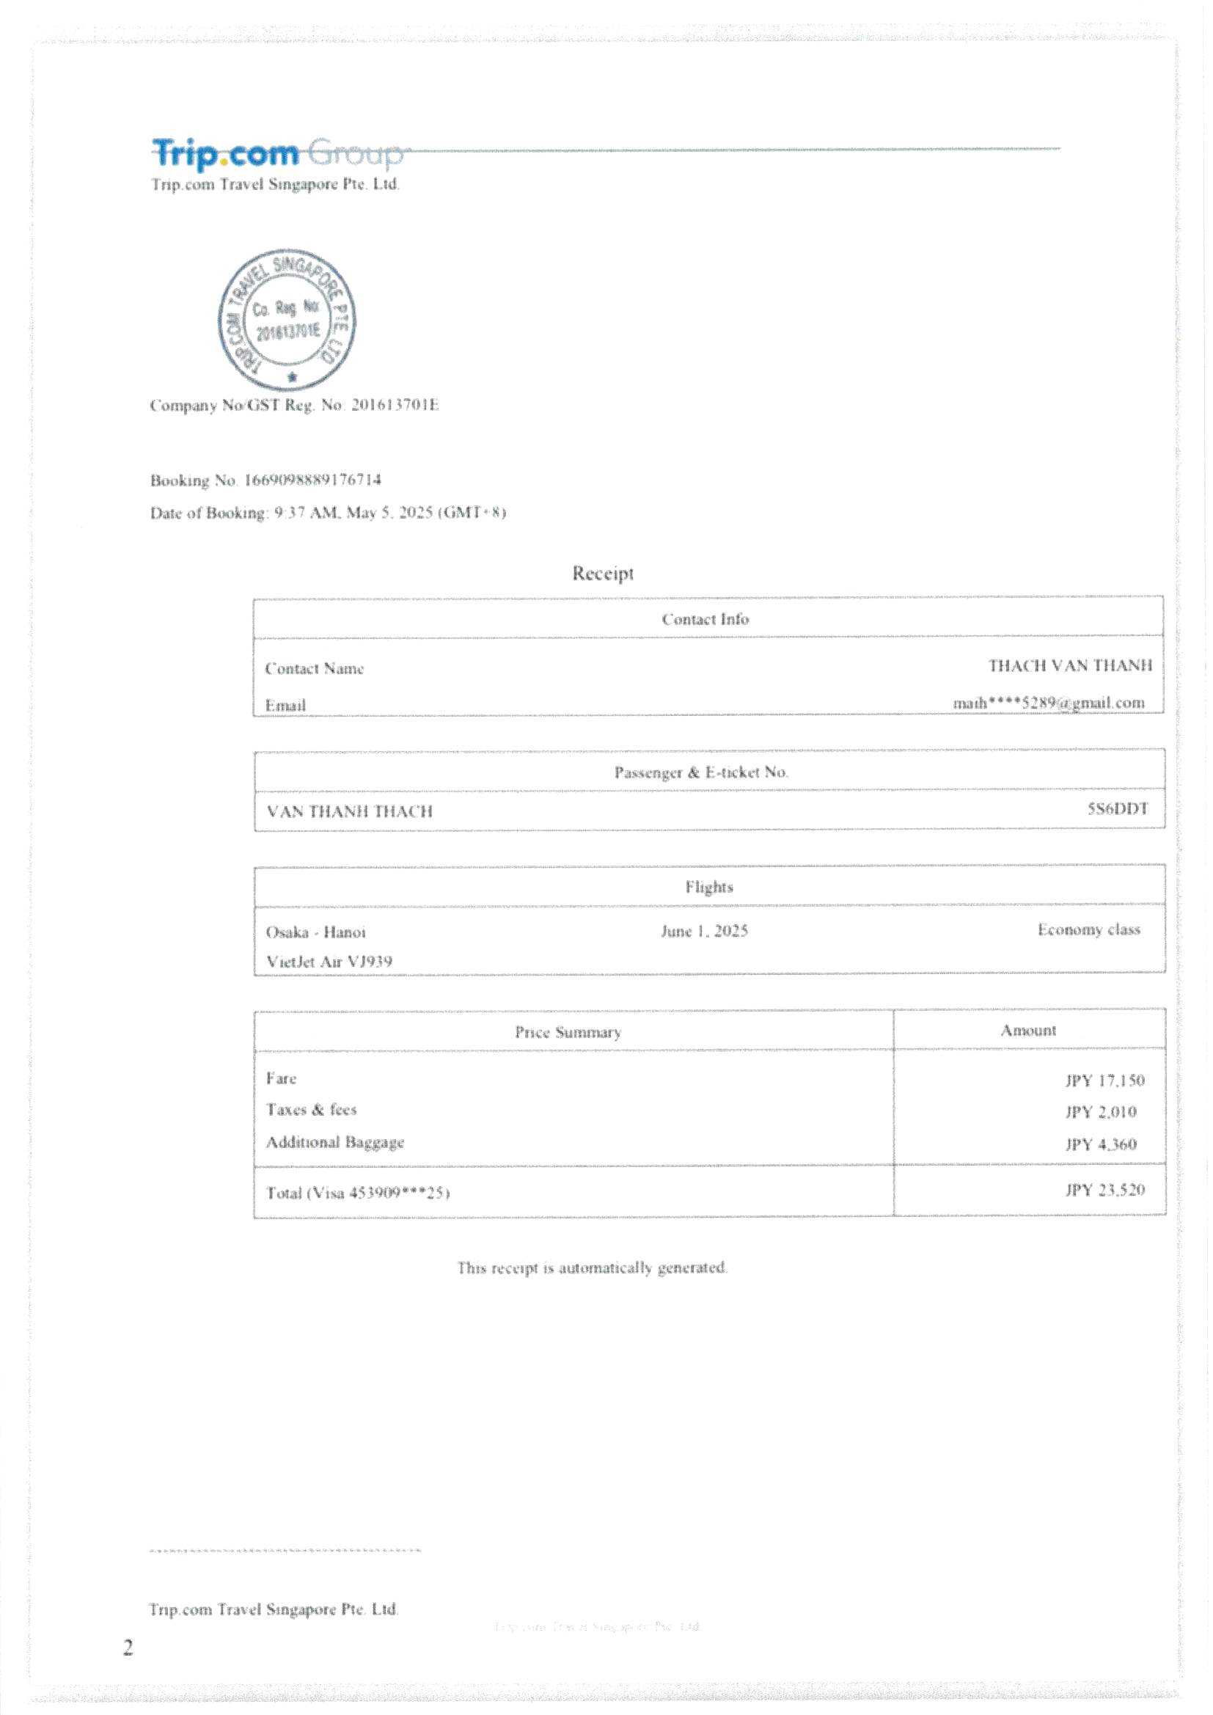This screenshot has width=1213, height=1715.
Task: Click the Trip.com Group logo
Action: pos(276,153)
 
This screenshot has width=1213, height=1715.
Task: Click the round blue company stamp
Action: pos(287,320)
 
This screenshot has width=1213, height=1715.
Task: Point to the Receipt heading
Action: pos(603,573)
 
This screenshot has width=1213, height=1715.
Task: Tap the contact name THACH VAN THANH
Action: pos(1069,665)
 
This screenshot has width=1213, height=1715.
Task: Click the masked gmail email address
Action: pos(1048,703)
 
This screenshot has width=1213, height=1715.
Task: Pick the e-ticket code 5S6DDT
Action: pos(1118,808)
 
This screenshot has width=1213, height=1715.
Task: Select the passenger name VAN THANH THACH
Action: pos(350,811)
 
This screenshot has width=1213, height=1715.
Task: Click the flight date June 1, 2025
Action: pos(704,931)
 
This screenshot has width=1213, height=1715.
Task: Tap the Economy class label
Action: pos(1088,930)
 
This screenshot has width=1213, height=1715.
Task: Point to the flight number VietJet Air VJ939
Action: pos(329,962)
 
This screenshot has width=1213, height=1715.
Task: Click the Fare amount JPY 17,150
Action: pos(1104,1080)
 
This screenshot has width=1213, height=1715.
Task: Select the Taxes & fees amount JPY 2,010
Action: pos(1100,1112)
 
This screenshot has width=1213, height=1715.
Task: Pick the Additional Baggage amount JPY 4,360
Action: pos(1100,1144)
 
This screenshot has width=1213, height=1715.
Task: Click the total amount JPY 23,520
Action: pos(1104,1190)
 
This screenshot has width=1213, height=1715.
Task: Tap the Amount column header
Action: pos(1027,1031)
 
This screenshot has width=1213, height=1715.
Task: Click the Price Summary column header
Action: pos(568,1032)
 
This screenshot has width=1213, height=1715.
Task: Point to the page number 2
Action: pos(128,1648)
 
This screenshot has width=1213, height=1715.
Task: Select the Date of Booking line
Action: pos(328,513)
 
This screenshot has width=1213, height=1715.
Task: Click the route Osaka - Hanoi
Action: pos(316,932)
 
